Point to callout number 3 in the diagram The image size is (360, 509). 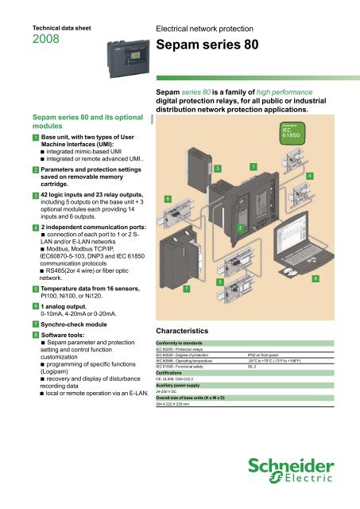tap(218, 168)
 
